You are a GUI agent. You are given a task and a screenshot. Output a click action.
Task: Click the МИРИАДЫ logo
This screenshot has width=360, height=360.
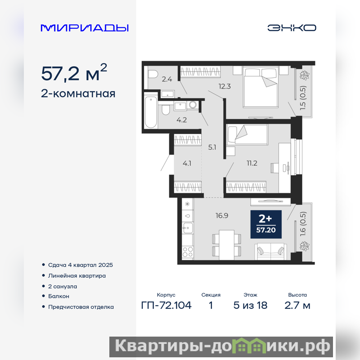pos(85,28)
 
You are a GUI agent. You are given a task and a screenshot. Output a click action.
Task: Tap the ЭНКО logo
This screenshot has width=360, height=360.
pos(292,28)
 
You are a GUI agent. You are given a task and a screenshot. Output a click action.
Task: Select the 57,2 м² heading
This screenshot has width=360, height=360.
pos(74,73)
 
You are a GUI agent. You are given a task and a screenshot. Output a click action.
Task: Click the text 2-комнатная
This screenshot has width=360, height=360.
pos(78,94)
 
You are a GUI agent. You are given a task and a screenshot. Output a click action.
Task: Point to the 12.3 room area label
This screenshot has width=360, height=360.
pos(225,86)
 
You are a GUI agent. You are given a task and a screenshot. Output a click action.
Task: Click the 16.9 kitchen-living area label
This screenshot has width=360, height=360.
pos(222,216)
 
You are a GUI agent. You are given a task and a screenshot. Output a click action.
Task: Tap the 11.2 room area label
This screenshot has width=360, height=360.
pos(252,163)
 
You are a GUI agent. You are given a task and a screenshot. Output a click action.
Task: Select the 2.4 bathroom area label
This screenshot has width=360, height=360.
pos(167,79)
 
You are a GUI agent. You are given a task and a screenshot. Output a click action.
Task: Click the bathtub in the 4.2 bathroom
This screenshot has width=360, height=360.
pos(151,112)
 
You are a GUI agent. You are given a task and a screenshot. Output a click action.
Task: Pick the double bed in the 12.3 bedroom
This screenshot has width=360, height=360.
pos(261,86)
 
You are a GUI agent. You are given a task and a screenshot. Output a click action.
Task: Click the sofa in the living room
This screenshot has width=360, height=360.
pos(270,252)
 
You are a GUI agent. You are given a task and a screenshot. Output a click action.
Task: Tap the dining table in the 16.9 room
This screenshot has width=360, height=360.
pos(227,245)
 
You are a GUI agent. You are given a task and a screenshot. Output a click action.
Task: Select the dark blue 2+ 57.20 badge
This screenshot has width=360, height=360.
pos(266,224)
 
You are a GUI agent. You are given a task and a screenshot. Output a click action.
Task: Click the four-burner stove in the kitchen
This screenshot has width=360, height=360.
pos(188,252)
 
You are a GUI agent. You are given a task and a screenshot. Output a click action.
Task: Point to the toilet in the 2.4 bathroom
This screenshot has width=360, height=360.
pos(152,74)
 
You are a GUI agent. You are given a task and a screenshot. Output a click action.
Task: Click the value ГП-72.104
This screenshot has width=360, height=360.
pos(166,306)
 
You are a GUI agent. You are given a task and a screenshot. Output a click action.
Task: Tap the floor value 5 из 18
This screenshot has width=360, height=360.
pos(250,306)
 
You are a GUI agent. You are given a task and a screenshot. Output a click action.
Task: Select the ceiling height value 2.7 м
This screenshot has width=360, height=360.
pos(297,306)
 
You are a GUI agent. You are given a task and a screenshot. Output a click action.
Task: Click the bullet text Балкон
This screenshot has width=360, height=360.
pos(58,296)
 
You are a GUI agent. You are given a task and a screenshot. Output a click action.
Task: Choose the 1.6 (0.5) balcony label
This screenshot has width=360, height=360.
pos(303,224)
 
